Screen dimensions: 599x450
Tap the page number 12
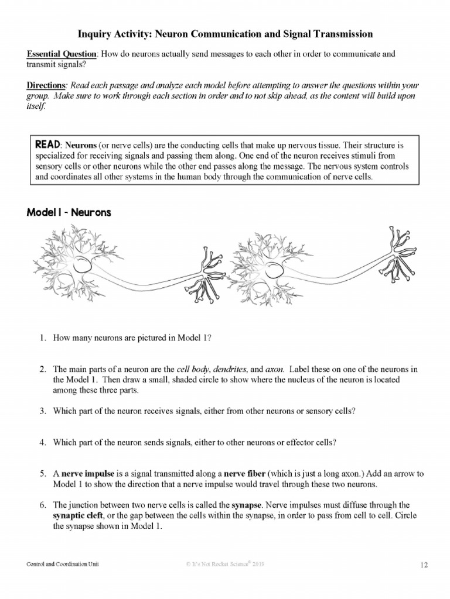click(425, 564)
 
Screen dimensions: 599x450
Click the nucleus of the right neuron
click(274, 270)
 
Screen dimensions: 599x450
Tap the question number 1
click(43, 338)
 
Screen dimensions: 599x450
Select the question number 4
click(43, 443)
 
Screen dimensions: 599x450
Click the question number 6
click(43, 504)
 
